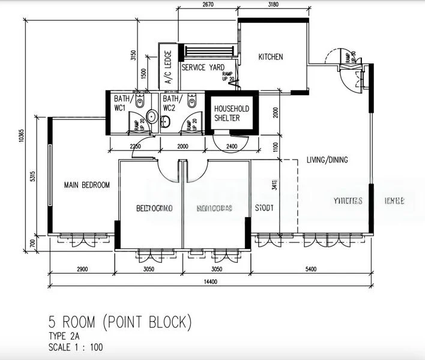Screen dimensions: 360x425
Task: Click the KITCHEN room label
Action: tap(270, 57)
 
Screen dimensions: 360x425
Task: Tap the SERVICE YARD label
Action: tap(203, 68)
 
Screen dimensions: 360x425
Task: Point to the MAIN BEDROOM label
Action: tap(87, 185)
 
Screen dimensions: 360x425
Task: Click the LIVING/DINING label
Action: tap(327, 160)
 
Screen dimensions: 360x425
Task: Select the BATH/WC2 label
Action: tap(171, 103)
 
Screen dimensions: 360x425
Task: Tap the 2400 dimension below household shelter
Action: tap(232, 146)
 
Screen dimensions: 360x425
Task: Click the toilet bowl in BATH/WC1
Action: tap(140, 103)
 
